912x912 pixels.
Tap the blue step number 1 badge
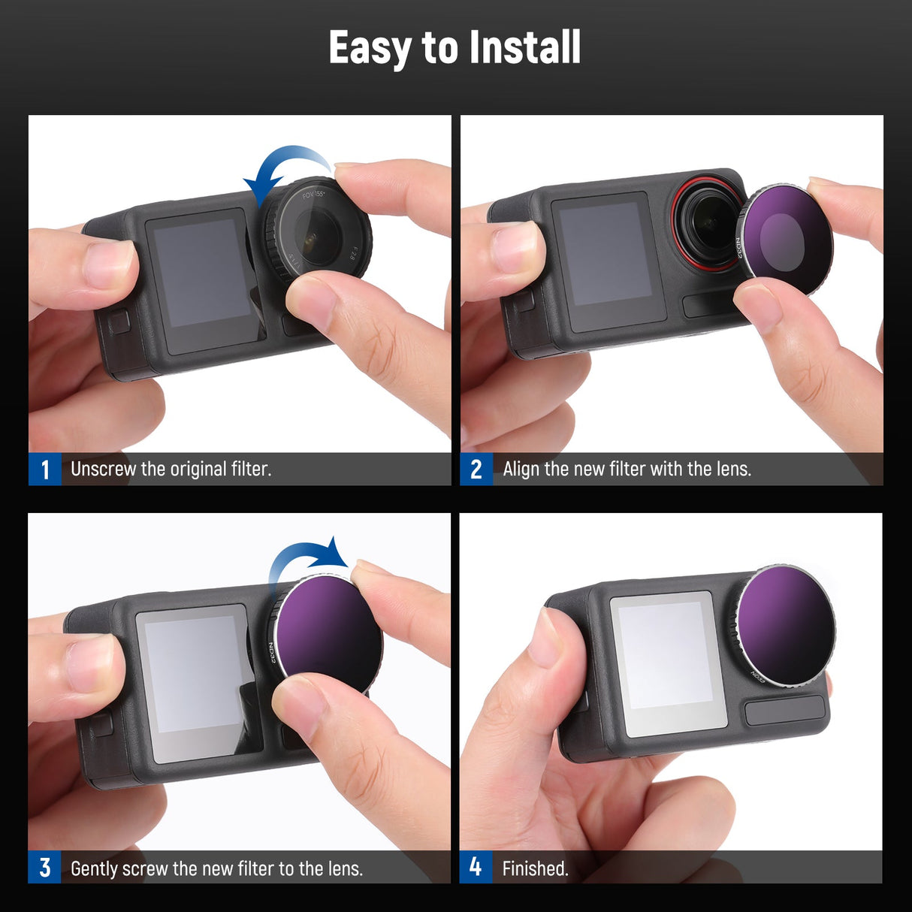(45, 470)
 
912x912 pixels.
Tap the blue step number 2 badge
(476, 470)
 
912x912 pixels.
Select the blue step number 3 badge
(45, 868)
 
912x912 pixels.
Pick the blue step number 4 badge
(476, 867)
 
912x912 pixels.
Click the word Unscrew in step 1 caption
(103, 470)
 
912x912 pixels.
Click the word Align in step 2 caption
(521, 470)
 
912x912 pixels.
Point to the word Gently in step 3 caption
(94, 868)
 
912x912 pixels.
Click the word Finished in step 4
(535, 868)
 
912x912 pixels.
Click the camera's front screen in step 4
(666, 655)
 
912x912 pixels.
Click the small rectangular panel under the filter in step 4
(784, 711)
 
